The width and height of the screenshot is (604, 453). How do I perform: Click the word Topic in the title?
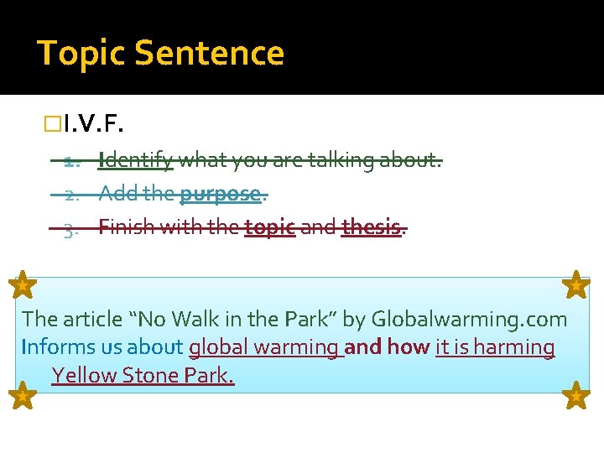click(x=81, y=54)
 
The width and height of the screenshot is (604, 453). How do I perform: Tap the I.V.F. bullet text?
click(x=93, y=126)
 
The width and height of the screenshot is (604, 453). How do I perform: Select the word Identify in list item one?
click(x=136, y=159)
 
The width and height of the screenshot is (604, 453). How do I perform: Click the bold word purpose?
click(x=221, y=194)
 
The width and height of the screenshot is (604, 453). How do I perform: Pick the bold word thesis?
click(x=372, y=226)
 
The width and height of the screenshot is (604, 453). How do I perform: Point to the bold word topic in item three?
click(x=270, y=227)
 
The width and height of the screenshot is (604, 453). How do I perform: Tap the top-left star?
click(x=23, y=285)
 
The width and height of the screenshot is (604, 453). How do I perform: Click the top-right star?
click(x=576, y=285)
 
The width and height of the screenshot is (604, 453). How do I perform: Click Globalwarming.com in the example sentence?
click(x=469, y=319)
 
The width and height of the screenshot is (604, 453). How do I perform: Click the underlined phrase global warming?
click(x=264, y=347)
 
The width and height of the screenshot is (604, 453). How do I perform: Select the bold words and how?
click(x=388, y=346)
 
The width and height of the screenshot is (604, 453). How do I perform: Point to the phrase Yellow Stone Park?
click(x=143, y=375)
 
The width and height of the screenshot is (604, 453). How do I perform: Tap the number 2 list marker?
click(x=70, y=195)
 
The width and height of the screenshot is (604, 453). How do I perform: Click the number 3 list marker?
click(x=70, y=228)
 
